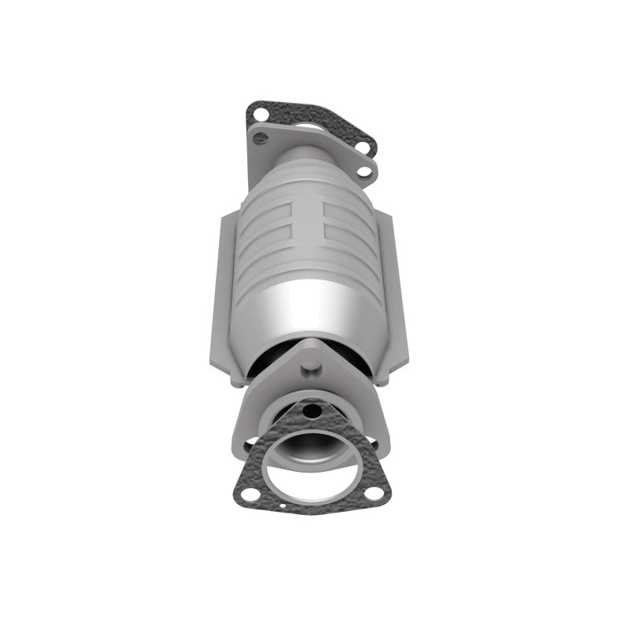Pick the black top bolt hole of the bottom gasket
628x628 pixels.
point(313,411)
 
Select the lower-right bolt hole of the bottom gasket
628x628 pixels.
point(376,494)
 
